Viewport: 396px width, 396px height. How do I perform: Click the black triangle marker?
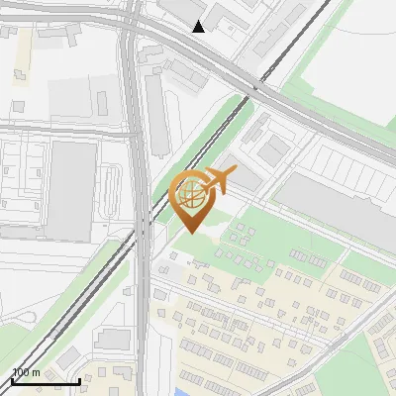199,26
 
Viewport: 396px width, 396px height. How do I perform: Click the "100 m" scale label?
26,372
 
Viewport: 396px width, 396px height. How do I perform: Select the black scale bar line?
46,381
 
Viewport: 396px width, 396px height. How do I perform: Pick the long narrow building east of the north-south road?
156,114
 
